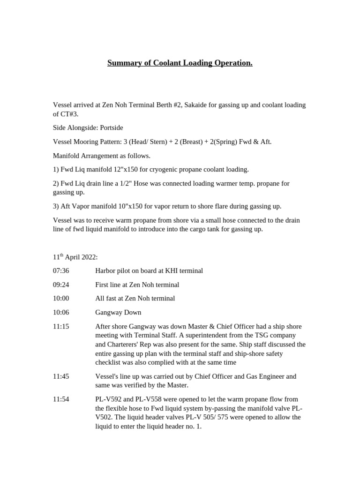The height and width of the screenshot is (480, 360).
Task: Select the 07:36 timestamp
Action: (61, 271)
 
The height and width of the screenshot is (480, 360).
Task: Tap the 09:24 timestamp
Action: (61, 285)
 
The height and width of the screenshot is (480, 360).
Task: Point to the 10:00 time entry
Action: (61, 298)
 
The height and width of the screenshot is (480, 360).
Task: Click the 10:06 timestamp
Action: (61, 312)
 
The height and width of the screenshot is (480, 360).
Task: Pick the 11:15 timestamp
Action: (61, 326)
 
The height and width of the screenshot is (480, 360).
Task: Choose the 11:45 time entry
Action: (61, 376)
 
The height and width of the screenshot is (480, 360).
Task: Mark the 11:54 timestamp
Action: (61, 399)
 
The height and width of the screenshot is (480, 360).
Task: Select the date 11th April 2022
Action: (75, 257)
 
